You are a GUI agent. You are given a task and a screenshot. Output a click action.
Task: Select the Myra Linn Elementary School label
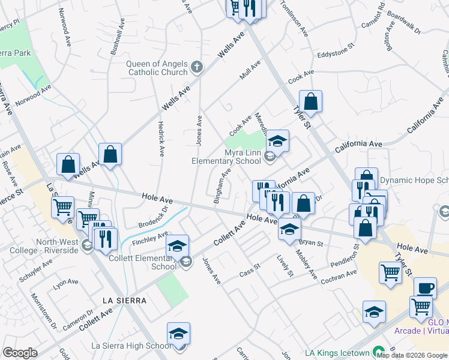point(226,157)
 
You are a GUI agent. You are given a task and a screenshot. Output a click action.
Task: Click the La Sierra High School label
point(131,346)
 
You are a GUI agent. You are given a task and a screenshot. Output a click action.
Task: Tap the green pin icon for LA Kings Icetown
point(378,351)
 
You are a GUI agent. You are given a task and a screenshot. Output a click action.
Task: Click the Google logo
point(20,352)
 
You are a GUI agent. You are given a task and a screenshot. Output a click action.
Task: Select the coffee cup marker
point(425,288)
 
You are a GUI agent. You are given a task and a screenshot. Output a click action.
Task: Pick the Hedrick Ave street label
point(161,136)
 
